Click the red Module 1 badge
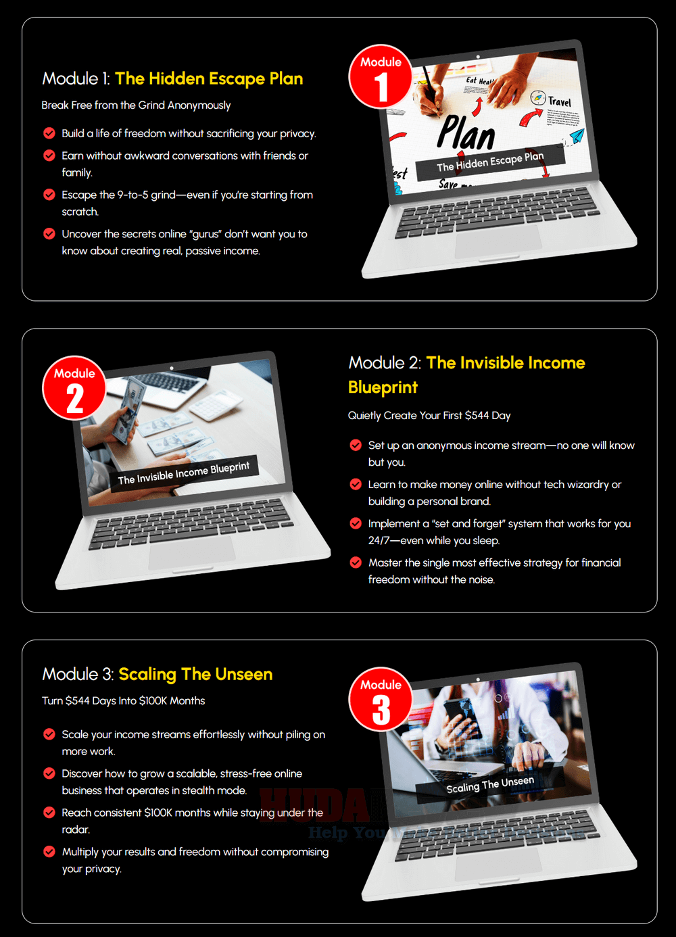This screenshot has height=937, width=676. (381, 76)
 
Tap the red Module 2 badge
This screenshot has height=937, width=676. (74, 388)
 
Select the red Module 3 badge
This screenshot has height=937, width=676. (381, 700)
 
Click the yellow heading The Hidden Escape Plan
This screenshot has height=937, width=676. (209, 78)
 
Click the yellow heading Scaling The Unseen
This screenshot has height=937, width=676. (195, 674)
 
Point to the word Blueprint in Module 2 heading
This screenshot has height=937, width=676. (383, 387)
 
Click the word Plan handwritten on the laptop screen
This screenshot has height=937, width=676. (466, 133)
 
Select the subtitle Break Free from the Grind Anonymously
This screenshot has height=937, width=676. (136, 105)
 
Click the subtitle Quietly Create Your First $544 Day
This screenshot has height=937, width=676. (429, 416)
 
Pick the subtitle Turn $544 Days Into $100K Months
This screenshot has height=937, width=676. (124, 701)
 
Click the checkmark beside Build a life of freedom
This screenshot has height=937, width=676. (49, 133)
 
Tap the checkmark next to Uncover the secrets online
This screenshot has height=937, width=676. (49, 234)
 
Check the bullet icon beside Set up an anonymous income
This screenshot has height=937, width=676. (356, 445)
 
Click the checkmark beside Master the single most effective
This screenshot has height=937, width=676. (356, 562)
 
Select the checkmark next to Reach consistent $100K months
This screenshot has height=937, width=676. (49, 813)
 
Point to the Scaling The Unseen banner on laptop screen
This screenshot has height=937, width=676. (490, 785)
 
